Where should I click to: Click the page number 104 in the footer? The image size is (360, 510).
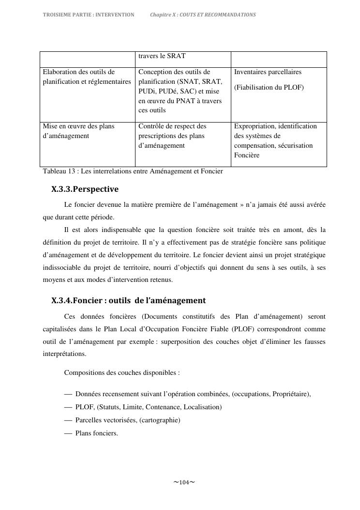click(184, 482)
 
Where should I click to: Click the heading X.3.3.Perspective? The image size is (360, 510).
click(85, 189)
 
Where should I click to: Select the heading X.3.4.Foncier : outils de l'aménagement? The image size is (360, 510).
click(128, 300)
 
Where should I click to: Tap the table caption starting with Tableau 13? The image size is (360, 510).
click(133, 171)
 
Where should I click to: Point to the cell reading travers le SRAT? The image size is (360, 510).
click(162, 56)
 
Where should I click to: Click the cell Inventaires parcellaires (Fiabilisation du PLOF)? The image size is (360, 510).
click(269, 80)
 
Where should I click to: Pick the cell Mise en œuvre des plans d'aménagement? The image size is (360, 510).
click(79, 131)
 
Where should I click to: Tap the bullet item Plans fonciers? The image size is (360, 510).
click(97, 433)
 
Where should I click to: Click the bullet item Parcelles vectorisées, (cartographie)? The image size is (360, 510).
click(128, 420)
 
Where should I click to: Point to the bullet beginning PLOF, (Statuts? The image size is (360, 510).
click(148, 407)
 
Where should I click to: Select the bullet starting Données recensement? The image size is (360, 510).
click(193, 394)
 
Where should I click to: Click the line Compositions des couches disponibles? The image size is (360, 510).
click(122, 373)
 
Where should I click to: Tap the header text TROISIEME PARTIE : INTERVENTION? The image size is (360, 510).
click(89, 15)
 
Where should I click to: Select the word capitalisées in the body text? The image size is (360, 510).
click(61, 329)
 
